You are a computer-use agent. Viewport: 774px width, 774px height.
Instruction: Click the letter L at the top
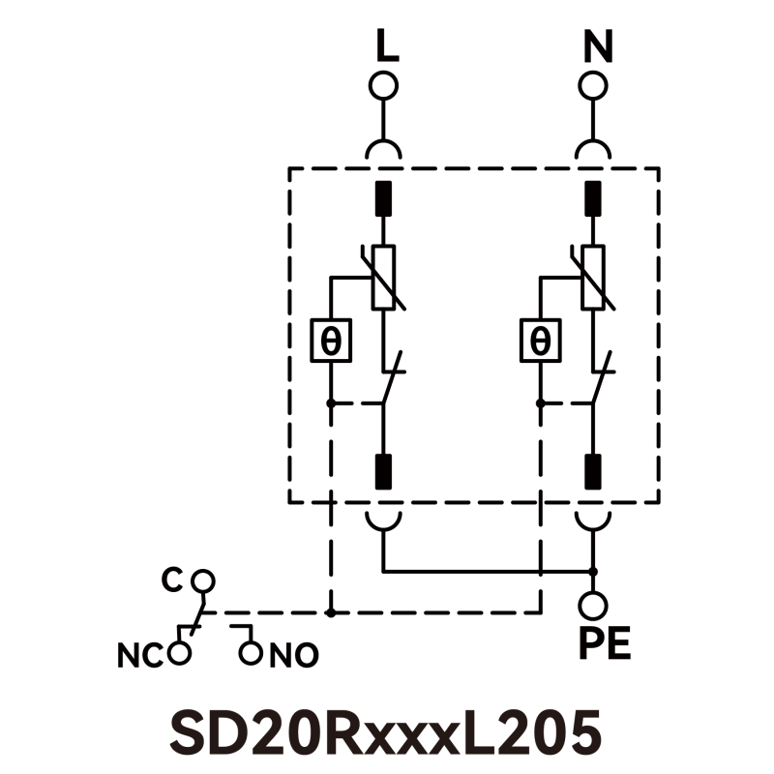click(x=386, y=46)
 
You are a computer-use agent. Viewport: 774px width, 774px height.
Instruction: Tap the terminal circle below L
click(x=384, y=85)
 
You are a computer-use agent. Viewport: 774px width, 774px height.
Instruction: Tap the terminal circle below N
click(x=594, y=85)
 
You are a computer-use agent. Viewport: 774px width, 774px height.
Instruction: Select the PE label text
click(x=605, y=643)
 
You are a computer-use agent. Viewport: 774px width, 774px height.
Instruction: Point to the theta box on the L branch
click(x=330, y=341)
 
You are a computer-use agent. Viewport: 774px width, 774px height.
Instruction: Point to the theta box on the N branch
click(x=540, y=341)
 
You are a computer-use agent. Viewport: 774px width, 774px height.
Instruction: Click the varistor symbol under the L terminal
click(x=384, y=278)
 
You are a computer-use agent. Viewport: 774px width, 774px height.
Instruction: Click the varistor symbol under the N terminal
click(x=594, y=278)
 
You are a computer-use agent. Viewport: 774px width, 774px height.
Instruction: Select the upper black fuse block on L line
click(x=384, y=198)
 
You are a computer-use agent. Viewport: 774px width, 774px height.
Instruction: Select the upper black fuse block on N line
click(x=594, y=198)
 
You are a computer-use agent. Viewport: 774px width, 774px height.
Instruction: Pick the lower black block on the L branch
click(x=384, y=471)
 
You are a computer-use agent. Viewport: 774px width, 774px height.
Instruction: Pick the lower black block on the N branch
click(x=594, y=471)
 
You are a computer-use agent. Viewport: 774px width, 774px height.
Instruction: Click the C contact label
click(x=171, y=580)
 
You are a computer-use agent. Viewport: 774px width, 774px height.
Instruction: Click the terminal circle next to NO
click(x=251, y=653)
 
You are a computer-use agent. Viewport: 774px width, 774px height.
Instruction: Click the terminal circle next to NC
click(x=178, y=653)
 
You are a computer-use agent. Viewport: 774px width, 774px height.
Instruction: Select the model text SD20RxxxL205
click(x=386, y=732)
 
